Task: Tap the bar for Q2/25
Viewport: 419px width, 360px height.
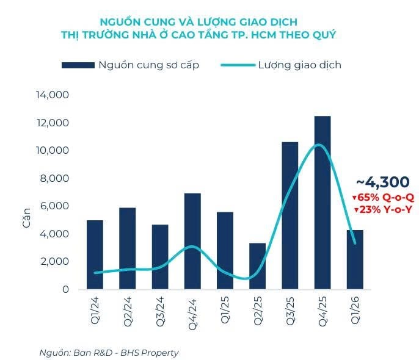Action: [x=257, y=266]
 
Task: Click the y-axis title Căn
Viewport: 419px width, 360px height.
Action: [x=27, y=218]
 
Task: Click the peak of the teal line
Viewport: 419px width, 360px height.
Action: [x=318, y=145]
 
